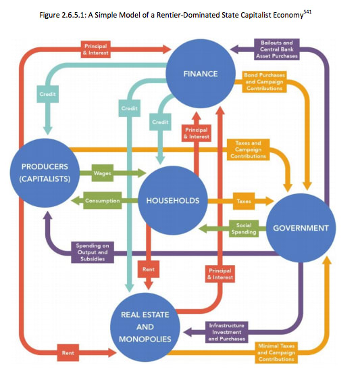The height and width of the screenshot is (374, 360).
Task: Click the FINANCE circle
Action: point(201,74)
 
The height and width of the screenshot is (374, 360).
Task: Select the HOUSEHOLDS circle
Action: point(173,200)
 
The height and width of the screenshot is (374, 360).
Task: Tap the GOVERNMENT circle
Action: point(301,228)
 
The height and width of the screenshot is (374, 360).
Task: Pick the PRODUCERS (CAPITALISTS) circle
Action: point(45,173)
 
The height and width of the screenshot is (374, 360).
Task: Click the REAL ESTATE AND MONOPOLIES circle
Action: point(145,327)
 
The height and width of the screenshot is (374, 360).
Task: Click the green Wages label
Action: point(103,173)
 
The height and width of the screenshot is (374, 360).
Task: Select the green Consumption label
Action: point(103,201)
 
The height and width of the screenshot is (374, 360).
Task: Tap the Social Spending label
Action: point(244,229)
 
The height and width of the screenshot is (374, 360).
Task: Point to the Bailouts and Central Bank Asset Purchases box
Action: point(277,49)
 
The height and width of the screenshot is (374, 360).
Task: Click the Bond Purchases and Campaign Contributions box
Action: point(264,82)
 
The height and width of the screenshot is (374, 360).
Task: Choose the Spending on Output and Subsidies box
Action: point(93,252)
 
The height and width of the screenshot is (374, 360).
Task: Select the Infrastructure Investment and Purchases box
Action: point(226,332)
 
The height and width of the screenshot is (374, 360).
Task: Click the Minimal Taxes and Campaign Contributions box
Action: point(276,352)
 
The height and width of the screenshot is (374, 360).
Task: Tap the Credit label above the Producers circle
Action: point(48,94)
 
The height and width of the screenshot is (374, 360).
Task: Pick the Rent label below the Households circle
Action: point(149,269)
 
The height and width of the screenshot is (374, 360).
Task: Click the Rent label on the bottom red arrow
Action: point(68,353)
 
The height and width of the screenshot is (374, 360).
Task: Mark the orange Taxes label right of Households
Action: point(244,201)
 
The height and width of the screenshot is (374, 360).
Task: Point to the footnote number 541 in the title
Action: point(307,11)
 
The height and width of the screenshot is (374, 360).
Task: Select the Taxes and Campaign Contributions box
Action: point(248,149)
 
